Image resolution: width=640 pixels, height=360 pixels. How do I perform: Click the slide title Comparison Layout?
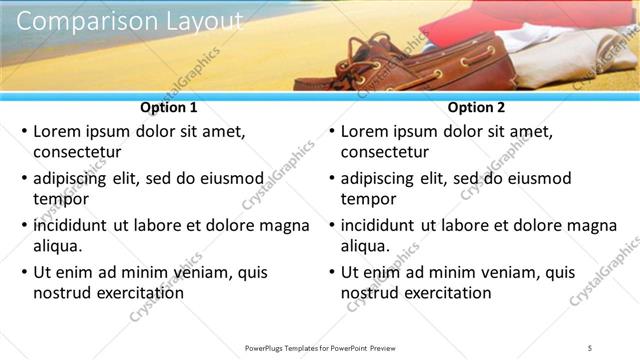pos(130,19)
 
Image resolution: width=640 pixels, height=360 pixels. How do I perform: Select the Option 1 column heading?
pos(169,107)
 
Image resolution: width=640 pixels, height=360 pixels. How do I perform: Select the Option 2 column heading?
pos(477,107)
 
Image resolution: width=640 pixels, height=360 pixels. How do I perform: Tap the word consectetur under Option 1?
pos(77,153)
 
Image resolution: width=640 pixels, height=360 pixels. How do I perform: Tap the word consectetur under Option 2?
pos(385,153)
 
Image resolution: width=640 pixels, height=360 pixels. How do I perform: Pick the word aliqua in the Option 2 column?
pos(365,246)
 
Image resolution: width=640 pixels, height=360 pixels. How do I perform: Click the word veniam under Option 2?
pos(492,272)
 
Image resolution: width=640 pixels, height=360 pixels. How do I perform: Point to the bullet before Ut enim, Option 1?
pos(23,272)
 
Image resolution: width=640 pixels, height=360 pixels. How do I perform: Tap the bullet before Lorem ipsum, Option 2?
pos(331,131)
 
